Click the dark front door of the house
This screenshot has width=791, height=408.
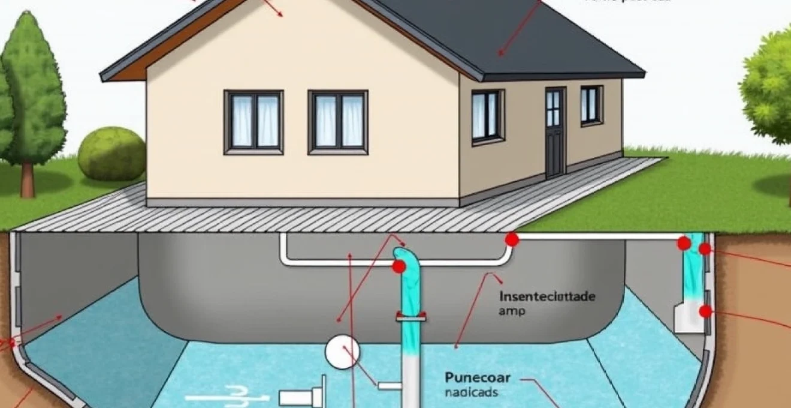[x=555, y=131]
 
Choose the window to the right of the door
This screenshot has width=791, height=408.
[x=591, y=105]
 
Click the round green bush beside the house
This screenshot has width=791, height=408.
[x=111, y=154]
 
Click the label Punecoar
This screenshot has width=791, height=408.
[x=478, y=377]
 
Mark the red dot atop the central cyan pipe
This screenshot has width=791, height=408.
[x=398, y=267]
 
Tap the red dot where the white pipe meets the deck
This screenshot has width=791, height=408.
[x=511, y=239]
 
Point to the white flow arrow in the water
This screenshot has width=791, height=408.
[x=222, y=396]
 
